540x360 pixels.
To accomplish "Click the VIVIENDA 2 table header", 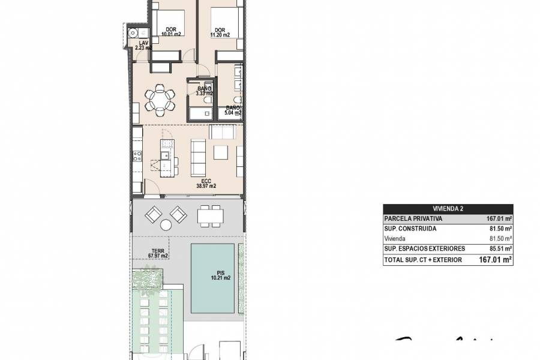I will click(448, 209).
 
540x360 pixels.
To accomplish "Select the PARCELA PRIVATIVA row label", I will click(412, 219).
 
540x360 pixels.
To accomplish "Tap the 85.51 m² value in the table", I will click(499, 248).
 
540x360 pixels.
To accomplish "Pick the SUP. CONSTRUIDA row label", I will click(410, 229).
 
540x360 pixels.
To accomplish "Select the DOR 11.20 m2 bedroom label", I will click(220, 32).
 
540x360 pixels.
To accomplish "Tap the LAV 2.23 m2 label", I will click(143, 46).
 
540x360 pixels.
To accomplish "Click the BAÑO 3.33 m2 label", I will click(205, 91).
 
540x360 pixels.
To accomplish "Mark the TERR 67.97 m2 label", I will click(142, 254).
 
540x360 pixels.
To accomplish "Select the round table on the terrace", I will click(165, 226).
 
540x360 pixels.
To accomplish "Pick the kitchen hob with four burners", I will click(137, 157).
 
